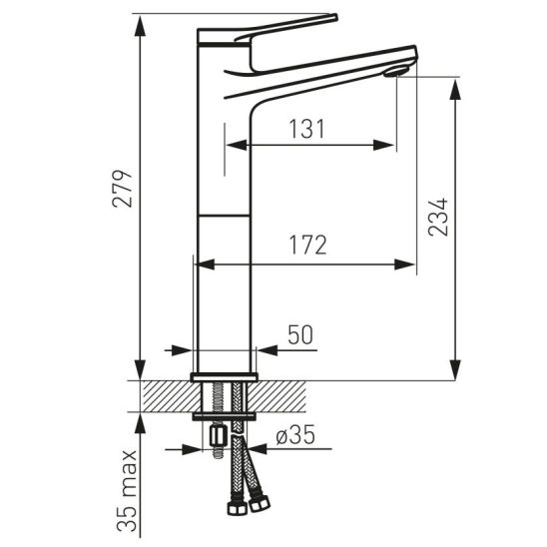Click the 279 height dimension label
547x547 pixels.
pos(123,189)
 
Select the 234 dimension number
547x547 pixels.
pos(438,217)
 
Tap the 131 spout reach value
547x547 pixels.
pos(307,129)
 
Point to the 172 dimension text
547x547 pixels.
pos(308,245)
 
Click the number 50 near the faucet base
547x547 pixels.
pos(300,335)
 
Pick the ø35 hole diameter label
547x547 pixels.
pos(295,434)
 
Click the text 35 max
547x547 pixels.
pos(127,491)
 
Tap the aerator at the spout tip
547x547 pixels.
pos(397,71)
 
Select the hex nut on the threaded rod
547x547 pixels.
pos(218,437)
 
